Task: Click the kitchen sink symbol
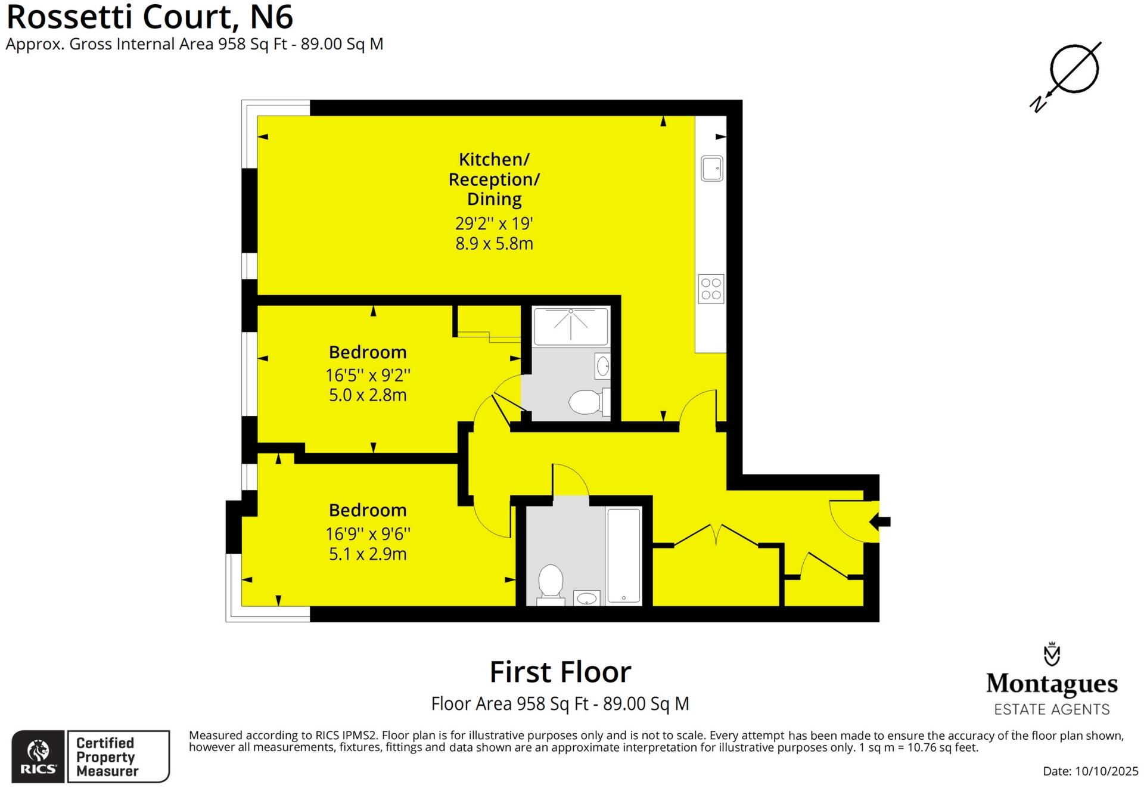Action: [x=711, y=168]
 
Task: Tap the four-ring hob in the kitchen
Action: [x=711, y=289]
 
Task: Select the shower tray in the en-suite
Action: [x=571, y=326]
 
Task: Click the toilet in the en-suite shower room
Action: [x=586, y=402]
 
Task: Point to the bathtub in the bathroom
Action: [x=623, y=555]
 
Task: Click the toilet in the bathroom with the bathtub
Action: [x=551, y=581]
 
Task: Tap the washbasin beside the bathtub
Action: [x=587, y=598]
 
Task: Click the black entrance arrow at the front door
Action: [x=880, y=522]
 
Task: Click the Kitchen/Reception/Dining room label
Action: [x=494, y=179]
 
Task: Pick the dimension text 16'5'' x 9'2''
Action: [x=368, y=376]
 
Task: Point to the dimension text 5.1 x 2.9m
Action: [x=368, y=554]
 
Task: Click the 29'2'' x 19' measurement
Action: [x=494, y=224]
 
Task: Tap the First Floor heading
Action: [x=560, y=672]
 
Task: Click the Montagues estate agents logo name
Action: [x=1052, y=684]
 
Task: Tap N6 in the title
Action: [x=271, y=17]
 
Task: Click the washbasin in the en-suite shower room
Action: [x=602, y=366]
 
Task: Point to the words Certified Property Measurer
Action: [x=107, y=757]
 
